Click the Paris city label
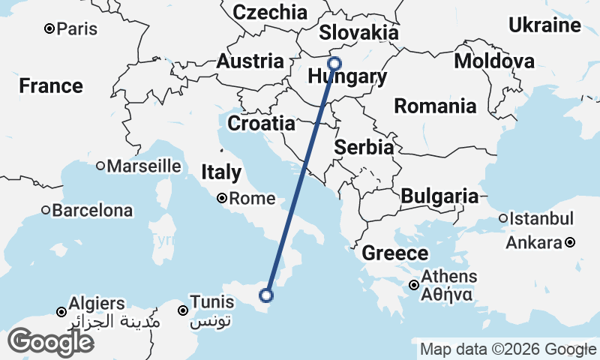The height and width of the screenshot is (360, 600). [x=77, y=29]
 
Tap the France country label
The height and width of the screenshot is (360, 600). [x=51, y=85]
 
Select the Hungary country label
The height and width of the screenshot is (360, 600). [x=347, y=77]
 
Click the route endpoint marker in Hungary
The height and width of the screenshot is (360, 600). [x=334, y=64]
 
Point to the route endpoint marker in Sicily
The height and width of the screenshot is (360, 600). [x=265, y=295]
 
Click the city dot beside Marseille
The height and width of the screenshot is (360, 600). [x=100, y=166]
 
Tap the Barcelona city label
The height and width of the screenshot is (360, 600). [x=92, y=211]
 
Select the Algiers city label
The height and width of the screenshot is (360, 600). [x=96, y=304]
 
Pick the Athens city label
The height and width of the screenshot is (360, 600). [x=448, y=277]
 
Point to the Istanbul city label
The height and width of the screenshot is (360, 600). [x=541, y=219]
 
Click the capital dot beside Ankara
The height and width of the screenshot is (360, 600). [x=570, y=242]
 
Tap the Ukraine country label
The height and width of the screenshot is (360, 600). [x=545, y=25]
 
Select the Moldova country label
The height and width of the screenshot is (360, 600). [x=494, y=61]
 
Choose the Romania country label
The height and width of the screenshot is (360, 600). [x=435, y=106]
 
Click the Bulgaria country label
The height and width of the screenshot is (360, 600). [x=439, y=196]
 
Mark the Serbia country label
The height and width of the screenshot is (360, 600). [x=364, y=147]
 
